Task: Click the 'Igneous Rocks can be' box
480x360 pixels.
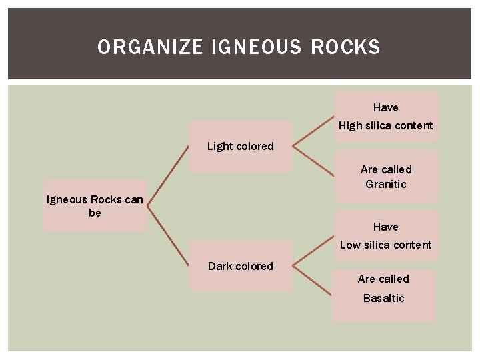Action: pos(95,206)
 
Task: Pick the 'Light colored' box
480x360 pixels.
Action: pos(240,147)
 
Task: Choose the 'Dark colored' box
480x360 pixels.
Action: pos(240,266)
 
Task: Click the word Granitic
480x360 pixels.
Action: pos(385,184)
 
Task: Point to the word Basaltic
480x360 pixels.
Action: pos(383,298)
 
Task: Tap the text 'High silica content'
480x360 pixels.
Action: pos(385,125)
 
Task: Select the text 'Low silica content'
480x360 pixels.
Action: pos(385,245)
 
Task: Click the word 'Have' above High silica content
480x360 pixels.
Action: pos(385,107)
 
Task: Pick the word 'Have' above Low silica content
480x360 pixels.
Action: pos(385,227)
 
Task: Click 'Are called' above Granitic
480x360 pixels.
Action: pos(386,169)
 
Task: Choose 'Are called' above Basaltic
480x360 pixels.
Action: pos(383,279)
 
